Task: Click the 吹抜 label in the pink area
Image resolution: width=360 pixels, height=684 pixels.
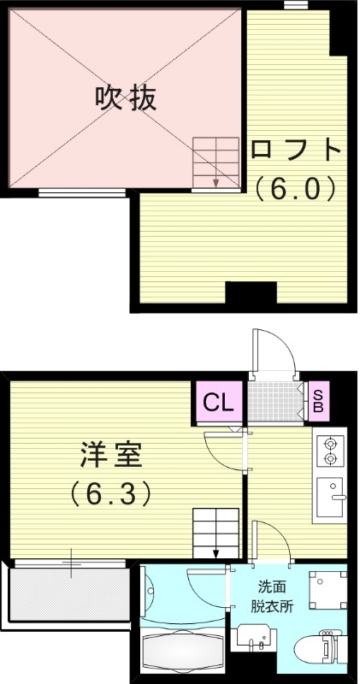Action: [125, 98]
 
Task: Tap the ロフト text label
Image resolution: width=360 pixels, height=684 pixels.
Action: [296, 150]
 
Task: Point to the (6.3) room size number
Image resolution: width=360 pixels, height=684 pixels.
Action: [111, 492]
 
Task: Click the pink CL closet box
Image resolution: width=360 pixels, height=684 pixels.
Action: [218, 402]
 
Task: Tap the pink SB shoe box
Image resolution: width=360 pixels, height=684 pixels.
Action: [317, 400]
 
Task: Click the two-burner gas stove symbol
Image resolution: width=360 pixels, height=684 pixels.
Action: [329, 452]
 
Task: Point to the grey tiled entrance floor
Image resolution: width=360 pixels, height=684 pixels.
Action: [275, 401]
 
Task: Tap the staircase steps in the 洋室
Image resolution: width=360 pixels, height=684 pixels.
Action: [215, 532]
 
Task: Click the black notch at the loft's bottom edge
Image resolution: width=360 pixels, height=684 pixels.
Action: [251, 294]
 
